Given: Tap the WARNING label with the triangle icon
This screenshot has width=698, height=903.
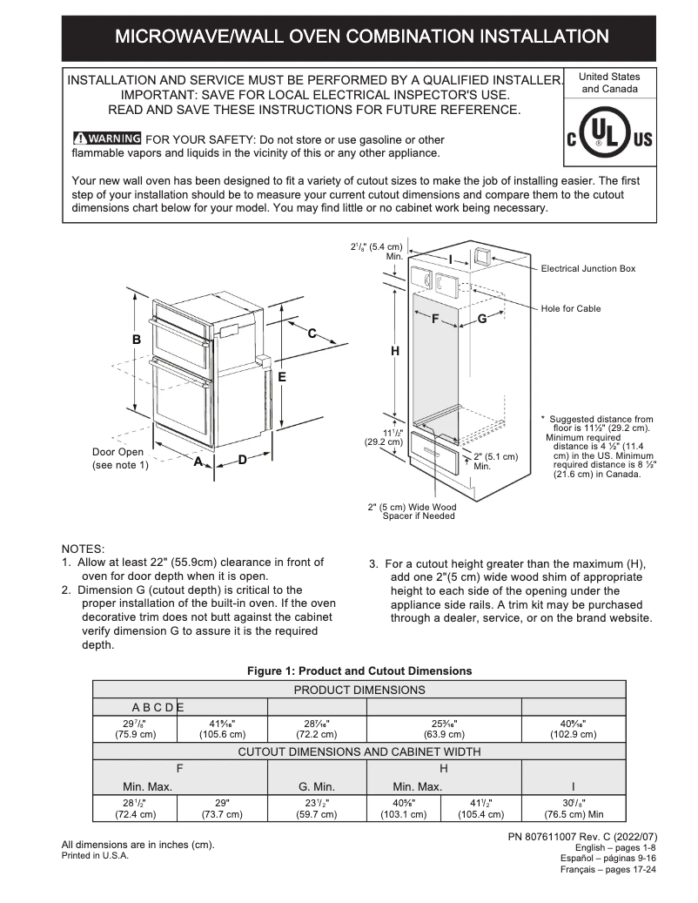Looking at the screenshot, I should coord(107,138).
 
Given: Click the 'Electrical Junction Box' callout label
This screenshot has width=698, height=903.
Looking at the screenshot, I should coord(588,268).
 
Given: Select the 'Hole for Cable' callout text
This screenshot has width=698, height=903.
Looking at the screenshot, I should coord(570,308).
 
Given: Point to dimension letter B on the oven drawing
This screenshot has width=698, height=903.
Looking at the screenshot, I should coord(136,340).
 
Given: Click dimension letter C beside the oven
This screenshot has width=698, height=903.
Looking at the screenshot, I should coord(312,333).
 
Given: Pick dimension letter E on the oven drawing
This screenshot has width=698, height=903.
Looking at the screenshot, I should coord(282,377).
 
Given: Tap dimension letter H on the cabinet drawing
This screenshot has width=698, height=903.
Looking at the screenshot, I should coord(394,351).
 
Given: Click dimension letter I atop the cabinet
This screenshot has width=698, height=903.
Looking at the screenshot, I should coord(451,259).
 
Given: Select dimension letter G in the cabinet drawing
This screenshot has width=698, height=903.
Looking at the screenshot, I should coord(481,320).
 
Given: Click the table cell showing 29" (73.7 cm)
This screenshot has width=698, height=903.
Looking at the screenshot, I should coord(222,808).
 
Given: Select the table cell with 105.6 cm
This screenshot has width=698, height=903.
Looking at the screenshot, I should coord(222,728).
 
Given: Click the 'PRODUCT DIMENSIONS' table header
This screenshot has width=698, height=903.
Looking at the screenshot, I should coord(359,690).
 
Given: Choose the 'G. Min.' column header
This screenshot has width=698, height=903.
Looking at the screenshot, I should coord(317,786).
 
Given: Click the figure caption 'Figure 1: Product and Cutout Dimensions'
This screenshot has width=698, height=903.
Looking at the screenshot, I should coord(359,671).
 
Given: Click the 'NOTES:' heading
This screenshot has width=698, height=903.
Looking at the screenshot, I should coord(83,549).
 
